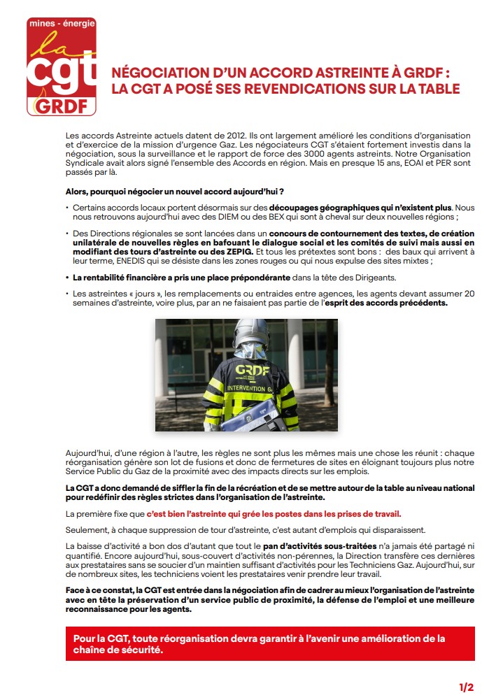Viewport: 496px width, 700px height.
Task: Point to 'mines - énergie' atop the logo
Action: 61,24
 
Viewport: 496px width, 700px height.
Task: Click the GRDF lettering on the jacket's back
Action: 249,370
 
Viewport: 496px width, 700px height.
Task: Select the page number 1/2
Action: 466,687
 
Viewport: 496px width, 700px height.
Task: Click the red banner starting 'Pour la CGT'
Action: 269,643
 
